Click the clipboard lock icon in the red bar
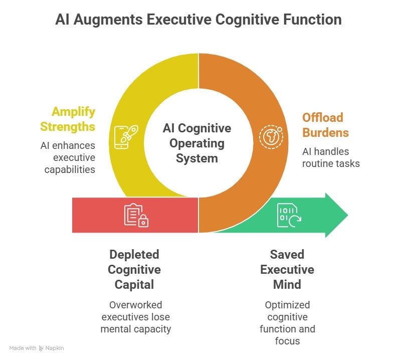click(x=136, y=215)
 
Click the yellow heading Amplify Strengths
click(x=68, y=119)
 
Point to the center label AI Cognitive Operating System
click(x=197, y=143)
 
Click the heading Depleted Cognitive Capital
click(x=135, y=269)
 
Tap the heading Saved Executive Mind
click(x=287, y=269)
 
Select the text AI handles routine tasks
click(x=331, y=157)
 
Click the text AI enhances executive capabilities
click(x=68, y=157)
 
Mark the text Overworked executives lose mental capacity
click(x=135, y=317)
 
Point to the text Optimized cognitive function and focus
click(x=287, y=322)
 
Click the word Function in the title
click(x=311, y=20)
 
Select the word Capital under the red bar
click(x=135, y=284)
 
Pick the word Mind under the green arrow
click(x=287, y=284)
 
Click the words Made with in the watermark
click(x=23, y=348)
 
